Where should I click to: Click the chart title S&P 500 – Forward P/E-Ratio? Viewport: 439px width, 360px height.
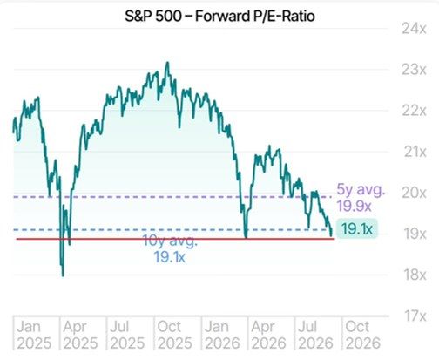[x=219, y=16]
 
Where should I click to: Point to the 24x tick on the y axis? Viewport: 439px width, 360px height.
[x=414, y=29]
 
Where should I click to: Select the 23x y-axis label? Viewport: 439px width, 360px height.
[x=414, y=70]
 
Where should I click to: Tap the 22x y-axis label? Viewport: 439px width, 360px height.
[x=414, y=111]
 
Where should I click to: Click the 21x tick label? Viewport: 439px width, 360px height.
[x=415, y=152]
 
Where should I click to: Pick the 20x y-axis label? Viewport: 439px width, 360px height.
[x=414, y=193]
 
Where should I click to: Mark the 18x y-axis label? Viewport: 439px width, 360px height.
[x=415, y=275]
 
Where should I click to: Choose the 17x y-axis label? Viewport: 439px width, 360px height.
[x=415, y=316]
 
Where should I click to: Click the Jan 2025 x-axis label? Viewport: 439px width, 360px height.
[x=34, y=335]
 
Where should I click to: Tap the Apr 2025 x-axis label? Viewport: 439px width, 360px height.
[x=80, y=335]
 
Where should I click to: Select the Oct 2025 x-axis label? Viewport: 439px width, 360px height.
[x=175, y=335]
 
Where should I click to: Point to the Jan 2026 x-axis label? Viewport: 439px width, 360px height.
[x=222, y=335]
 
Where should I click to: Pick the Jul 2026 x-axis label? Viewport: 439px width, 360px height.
[x=315, y=335]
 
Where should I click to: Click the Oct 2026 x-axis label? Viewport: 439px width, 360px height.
[x=362, y=335]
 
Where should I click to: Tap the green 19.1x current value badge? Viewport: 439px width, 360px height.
[x=357, y=228]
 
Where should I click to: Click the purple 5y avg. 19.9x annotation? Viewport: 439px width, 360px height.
[x=361, y=198]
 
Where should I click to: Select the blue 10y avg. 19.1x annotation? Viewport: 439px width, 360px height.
[x=170, y=249]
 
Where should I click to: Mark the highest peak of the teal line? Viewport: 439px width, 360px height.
[x=167, y=63]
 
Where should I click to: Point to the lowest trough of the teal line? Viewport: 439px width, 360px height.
[x=63, y=275]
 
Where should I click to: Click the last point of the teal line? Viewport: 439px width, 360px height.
[x=332, y=234]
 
